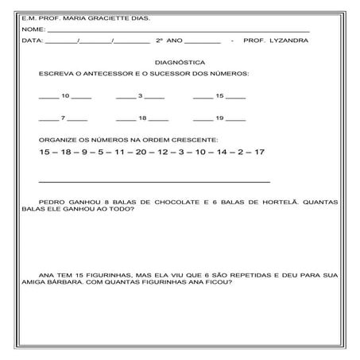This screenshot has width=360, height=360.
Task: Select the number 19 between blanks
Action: click(x=219, y=118)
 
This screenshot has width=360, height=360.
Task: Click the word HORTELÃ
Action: click(x=277, y=203)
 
